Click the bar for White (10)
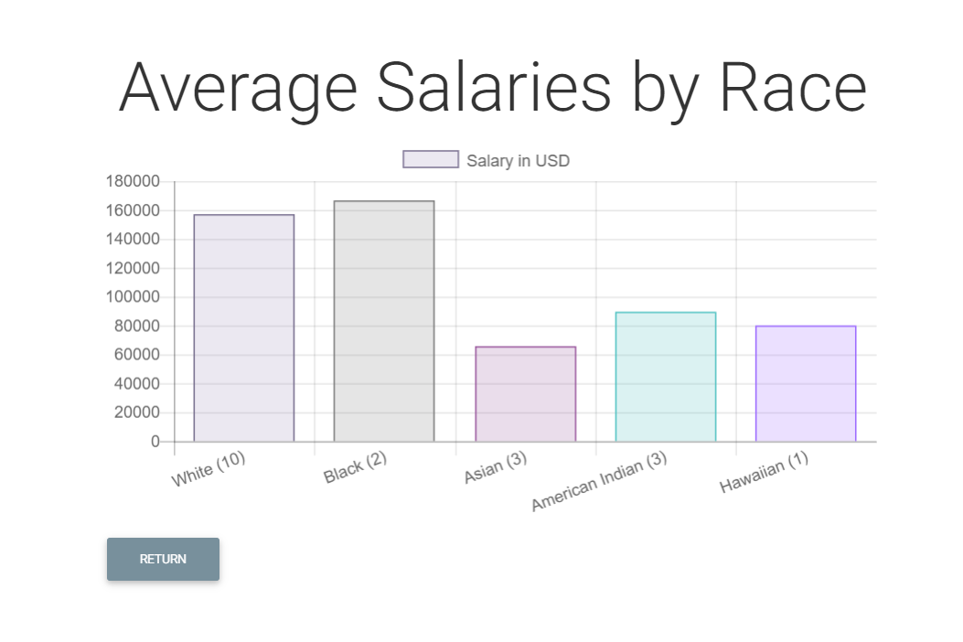pos(244,328)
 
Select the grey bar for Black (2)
pos(384,321)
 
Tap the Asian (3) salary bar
pos(525,394)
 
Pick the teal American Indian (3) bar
pos(666,377)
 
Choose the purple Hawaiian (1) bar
pos(806,384)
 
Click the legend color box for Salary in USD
pos(431,160)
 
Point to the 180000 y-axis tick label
pos(133,181)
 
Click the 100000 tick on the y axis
pos(133,297)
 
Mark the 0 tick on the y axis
pos(155,442)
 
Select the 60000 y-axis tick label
pos(136,355)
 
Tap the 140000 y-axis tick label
pos(133,240)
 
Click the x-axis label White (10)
pos(209,468)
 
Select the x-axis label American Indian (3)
pos(599,481)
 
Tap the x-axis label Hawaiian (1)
pos(764,472)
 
